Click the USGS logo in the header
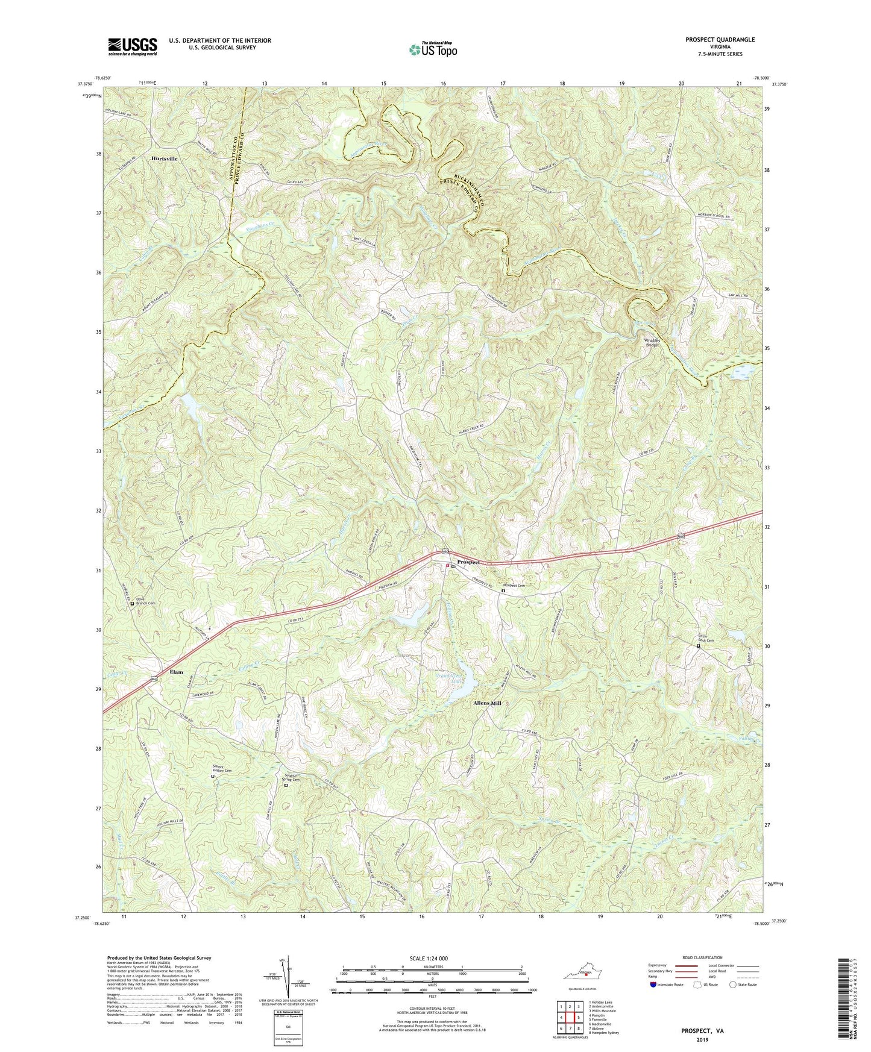click(x=133, y=46)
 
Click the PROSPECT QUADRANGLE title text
click(x=720, y=40)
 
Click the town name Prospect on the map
click(x=468, y=562)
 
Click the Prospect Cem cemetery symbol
click(x=503, y=592)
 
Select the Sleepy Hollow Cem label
click(x=221, y=769)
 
